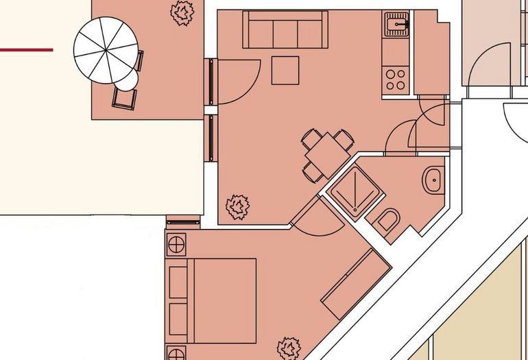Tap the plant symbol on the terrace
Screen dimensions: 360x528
point(182,12)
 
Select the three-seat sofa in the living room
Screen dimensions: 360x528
point(285,29)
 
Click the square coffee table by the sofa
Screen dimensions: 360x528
point(285,70)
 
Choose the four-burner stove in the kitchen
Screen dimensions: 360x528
point(396,78)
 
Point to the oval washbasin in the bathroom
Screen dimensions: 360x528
point(433,180)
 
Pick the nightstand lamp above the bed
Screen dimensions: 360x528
point(176,243)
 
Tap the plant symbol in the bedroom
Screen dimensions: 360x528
point(289,348)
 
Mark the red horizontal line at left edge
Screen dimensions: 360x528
point(26,49)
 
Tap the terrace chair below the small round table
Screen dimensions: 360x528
point(124,99)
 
